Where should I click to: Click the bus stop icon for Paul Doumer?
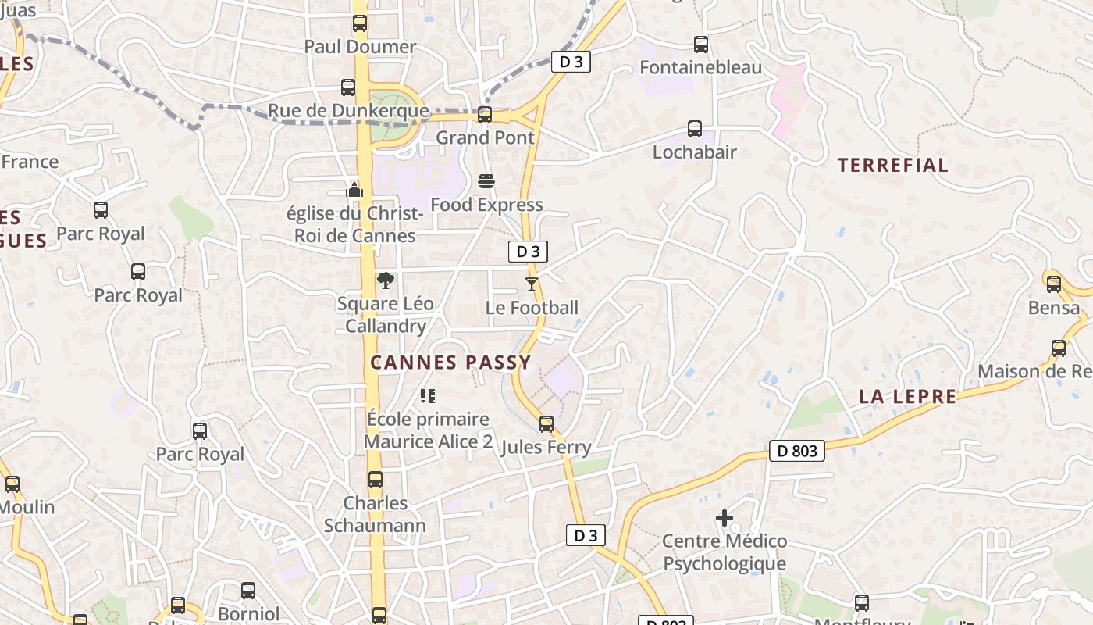pyautogui.click(x=359, y=23)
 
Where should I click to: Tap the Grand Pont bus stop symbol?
pyautogui.click(x=485, y=115)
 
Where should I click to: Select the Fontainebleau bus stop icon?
pyautogui.click(x=701, y=45)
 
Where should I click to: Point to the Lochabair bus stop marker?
pyautogui.click(x=695, y=129)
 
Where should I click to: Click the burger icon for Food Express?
pyautogui.click(x=486, y=182)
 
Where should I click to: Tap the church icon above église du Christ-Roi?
pyautogui.click(x=354, y=190)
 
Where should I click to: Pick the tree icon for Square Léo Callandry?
pyautogui.click(x=385, y=280)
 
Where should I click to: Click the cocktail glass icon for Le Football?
pyautogui.click(x=532, y=284)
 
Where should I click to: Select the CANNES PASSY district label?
pyautogui.click(x=450, y=362)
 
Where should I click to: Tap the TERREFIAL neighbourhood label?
pyautogui.click(x=893, y=165)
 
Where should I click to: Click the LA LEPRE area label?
pyautogui.click(x=907, y=397)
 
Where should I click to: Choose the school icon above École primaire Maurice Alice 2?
pyautogui.click(x=427, y=396)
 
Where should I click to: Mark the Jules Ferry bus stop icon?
pyautogui.click(x=546, y=424)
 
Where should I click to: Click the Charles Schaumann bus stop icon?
pyautogui.click(x=376, y=480)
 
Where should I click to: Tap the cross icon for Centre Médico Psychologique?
pyautogui.click(x=725, y=518)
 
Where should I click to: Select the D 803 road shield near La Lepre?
pyautogui.click(x=797, y=451)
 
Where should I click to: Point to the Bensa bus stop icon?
pyautogui.click(x=1054, y=284)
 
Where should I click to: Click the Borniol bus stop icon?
pyautogui.click(x=248, y=591)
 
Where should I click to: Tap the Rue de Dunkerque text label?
pyautogui.click(x=348, y=111)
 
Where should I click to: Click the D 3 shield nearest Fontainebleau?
pyautogui.click(x=571, y=62)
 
